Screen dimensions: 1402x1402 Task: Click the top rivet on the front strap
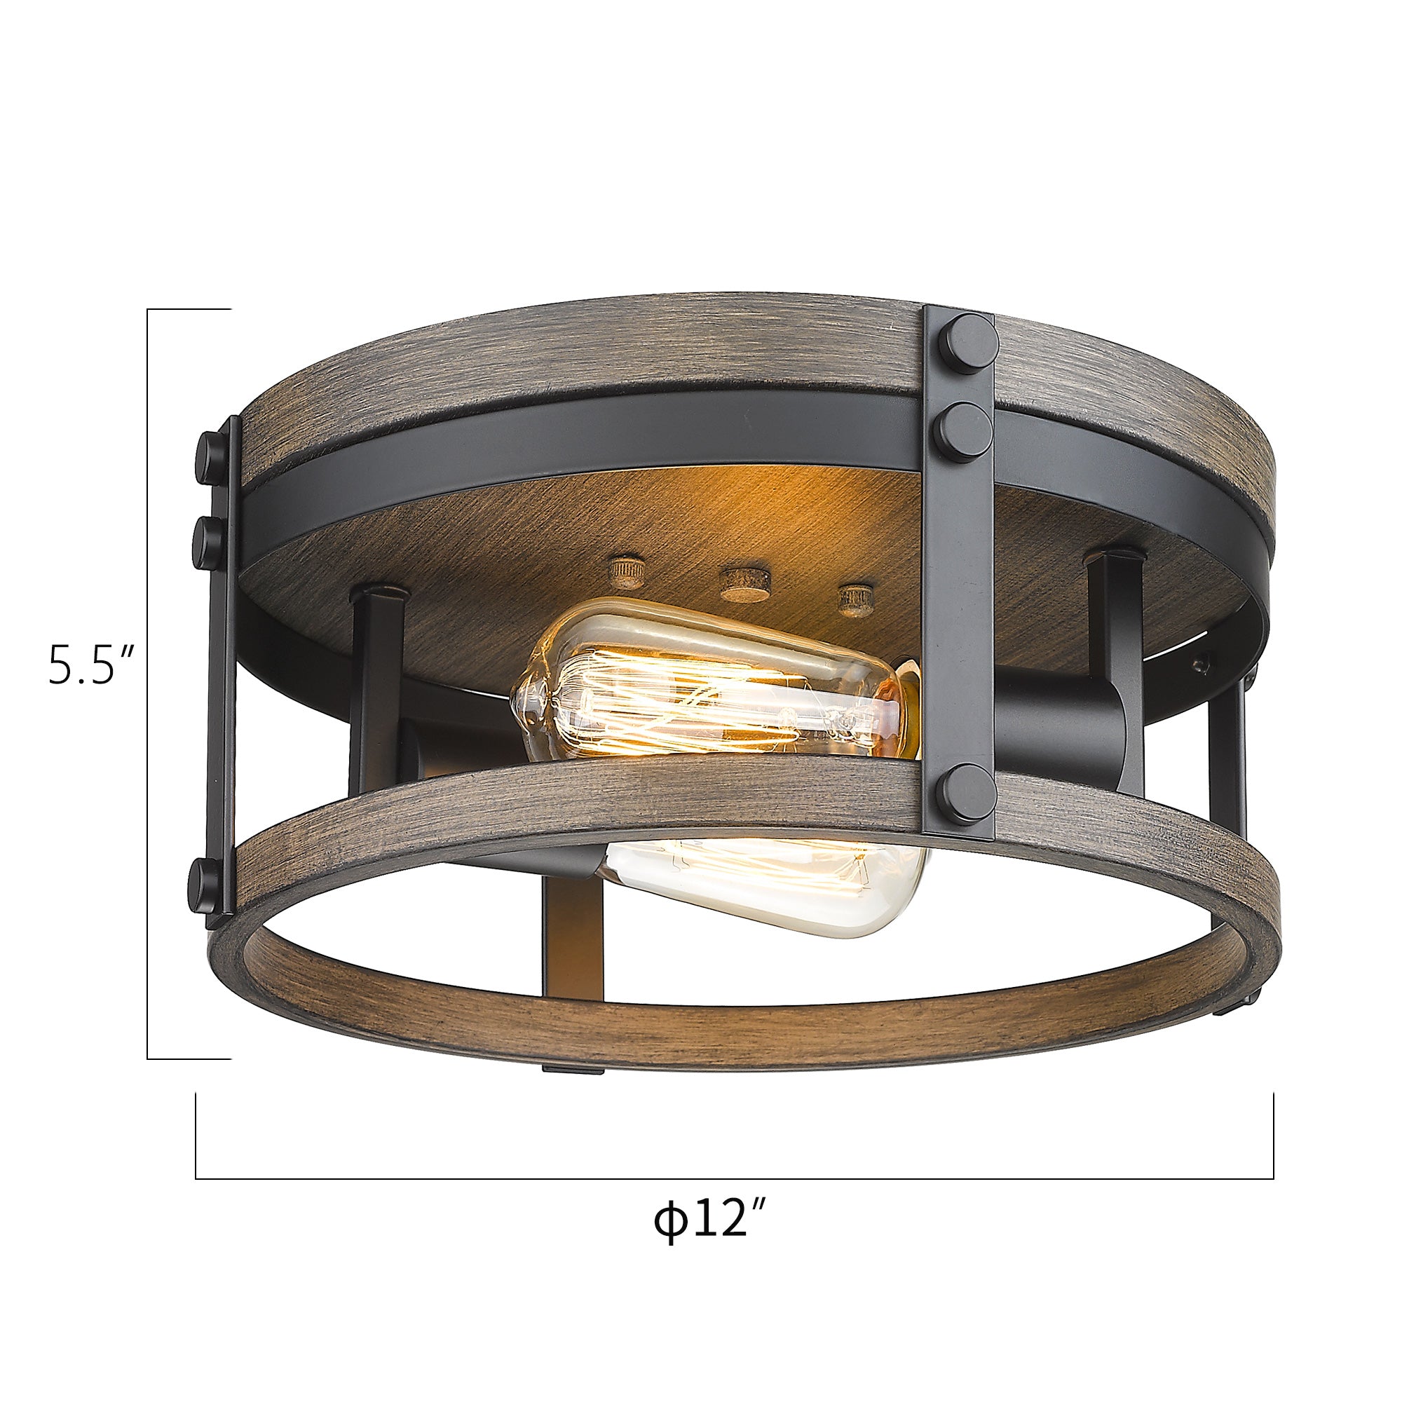click(x=965, y=343)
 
